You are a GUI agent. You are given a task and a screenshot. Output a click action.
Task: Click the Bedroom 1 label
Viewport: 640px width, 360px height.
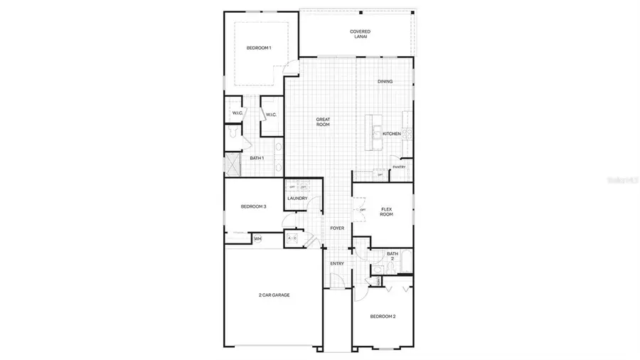(x=258, y=48)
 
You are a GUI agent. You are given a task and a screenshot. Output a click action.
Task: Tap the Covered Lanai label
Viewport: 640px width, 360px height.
(x=361, y=33)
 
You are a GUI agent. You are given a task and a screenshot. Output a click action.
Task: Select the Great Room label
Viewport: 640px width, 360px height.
(x=324, y=122)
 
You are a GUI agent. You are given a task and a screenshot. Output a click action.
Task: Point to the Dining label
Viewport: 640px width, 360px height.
(x=385, y=81)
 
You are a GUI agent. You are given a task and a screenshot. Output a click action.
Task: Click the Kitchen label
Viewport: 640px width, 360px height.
(x=392, y=134)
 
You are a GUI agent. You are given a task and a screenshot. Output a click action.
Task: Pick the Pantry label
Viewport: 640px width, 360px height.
(x=399, y=167)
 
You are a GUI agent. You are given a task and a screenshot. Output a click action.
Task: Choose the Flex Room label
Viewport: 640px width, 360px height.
(x=386, y=211)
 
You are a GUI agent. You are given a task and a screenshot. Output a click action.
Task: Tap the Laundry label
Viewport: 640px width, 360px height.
(x=297, y=198)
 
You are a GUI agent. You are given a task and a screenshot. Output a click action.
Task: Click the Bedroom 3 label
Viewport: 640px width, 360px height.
(x=253, y=207)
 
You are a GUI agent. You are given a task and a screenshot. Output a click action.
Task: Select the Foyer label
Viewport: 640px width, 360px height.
(x=337, y=228)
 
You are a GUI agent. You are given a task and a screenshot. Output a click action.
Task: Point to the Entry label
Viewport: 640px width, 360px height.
(x=337, y=264)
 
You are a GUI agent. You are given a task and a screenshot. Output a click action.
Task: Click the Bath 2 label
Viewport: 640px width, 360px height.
(x=393, y=256)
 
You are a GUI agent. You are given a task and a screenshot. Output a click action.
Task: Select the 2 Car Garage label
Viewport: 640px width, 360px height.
(x=274, y=295)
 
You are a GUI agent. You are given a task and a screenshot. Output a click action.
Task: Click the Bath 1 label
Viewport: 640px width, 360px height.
(x=257, y=158)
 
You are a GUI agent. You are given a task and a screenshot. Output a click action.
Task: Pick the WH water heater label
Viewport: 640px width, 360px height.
(x=257, y=239)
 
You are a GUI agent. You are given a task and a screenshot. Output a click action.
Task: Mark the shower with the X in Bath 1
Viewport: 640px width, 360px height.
(x=233, y=164)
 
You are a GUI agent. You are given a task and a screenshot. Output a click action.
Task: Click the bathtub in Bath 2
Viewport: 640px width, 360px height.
(x=406, y=261)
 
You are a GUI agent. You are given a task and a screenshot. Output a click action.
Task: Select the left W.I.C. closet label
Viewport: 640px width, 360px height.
(x=238, y=114)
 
